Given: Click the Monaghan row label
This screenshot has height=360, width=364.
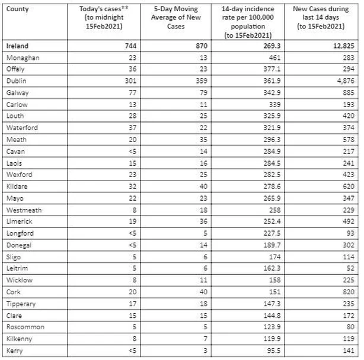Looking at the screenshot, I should [23, 57].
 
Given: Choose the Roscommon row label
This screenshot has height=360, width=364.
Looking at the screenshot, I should [25, 326].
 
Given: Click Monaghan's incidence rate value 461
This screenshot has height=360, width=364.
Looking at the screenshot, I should [272, 57].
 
